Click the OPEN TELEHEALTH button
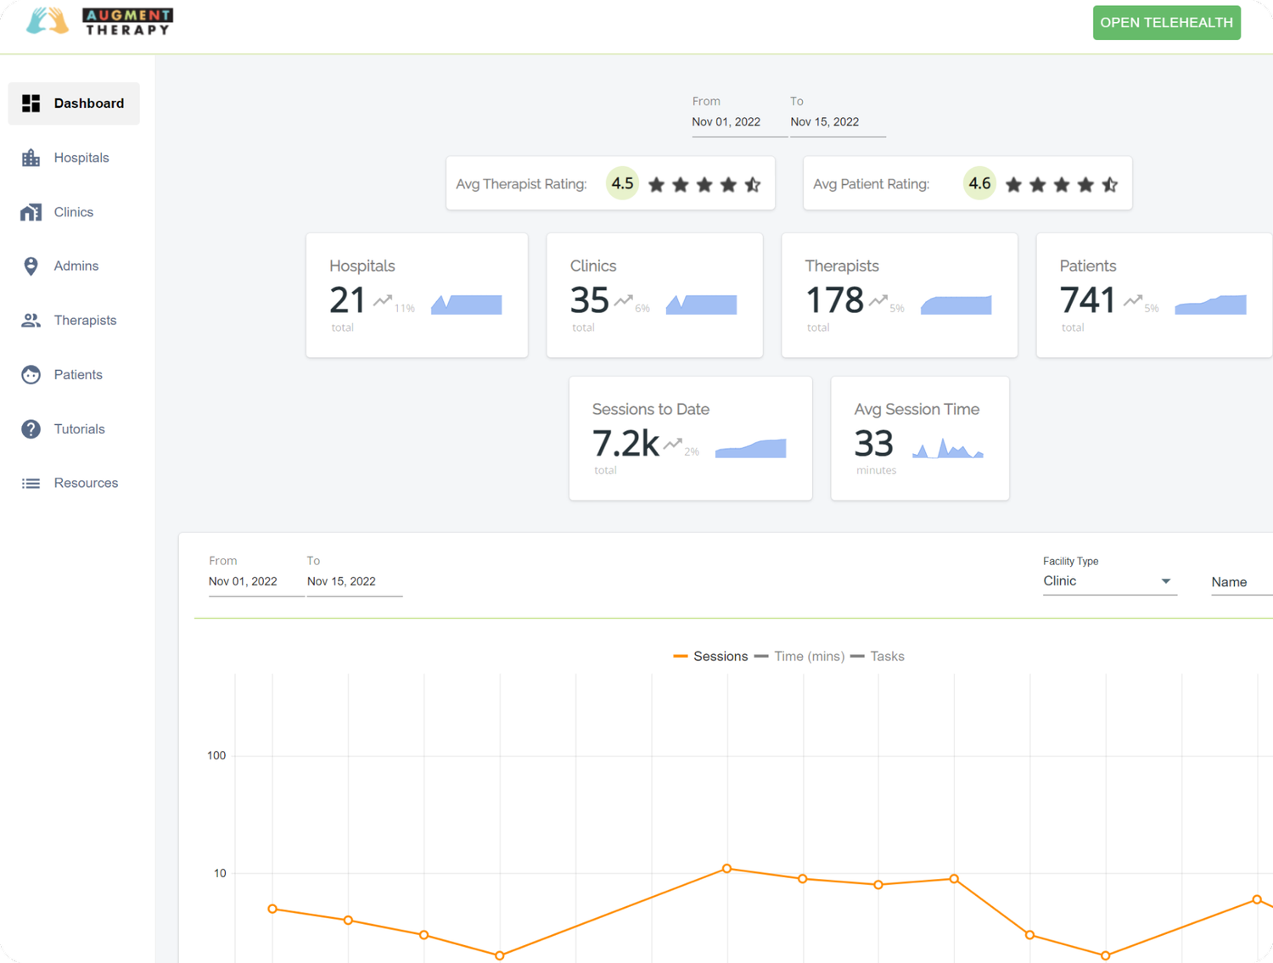pos(1166,23)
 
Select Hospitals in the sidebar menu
pos(81,158)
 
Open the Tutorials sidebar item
pos(79,429)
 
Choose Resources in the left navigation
pos(86,484)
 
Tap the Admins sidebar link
pos(76,266)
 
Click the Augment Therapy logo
pos(100,21)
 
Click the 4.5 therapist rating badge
pos(622,183)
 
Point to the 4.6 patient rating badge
pos(979,183)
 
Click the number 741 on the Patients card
pos(1087,300)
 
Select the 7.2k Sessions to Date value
pos(625,444)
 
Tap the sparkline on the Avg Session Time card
pos(947,448)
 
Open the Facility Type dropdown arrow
pos(1166,581)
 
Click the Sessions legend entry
pos(710,657)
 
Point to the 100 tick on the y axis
pos(216,756)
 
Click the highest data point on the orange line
pos(726,869)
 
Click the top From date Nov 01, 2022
pos(726,122)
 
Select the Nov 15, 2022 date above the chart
pos(341,582)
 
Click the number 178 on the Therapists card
pos(834,300)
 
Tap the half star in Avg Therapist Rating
pos(753,184)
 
